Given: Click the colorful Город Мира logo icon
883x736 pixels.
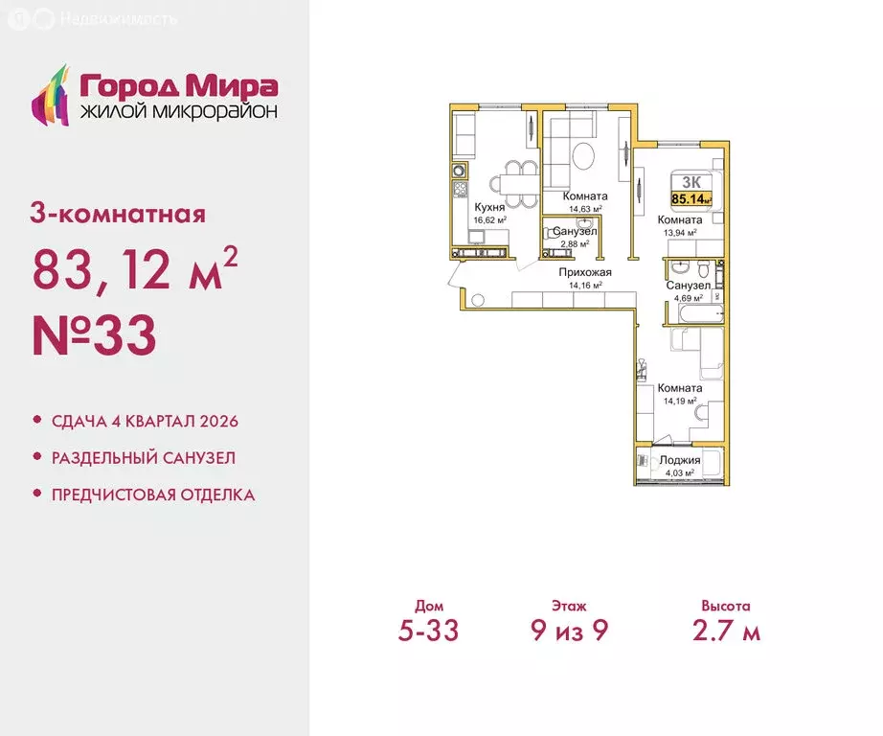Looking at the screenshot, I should click(x=52, y=95).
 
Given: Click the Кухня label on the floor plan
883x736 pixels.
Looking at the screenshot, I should click(x=490, y=207).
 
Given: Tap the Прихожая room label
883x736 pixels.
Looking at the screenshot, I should click(x=585, y=272).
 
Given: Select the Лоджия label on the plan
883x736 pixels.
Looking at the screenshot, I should click(x=680, y=460).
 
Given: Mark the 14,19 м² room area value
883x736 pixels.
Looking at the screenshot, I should click(x=679, y=401).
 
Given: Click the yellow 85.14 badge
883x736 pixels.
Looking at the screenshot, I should click(x=691, y=198).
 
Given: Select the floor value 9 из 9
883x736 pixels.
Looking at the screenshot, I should click(x=570, y=631).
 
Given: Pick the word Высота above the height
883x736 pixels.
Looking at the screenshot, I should click(x=725, y=606).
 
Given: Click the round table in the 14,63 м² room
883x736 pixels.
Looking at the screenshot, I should click(x=584, y=153).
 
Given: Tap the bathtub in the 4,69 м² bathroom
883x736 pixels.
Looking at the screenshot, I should click(x=695, y=314).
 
